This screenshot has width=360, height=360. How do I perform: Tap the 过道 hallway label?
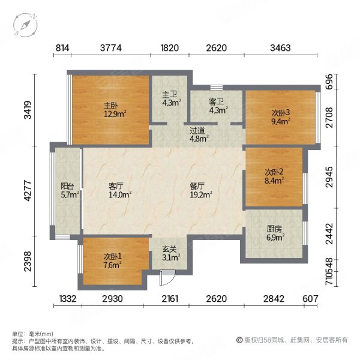(x=199, y=133)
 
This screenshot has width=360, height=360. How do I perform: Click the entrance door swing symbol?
(x=167, y=277)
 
